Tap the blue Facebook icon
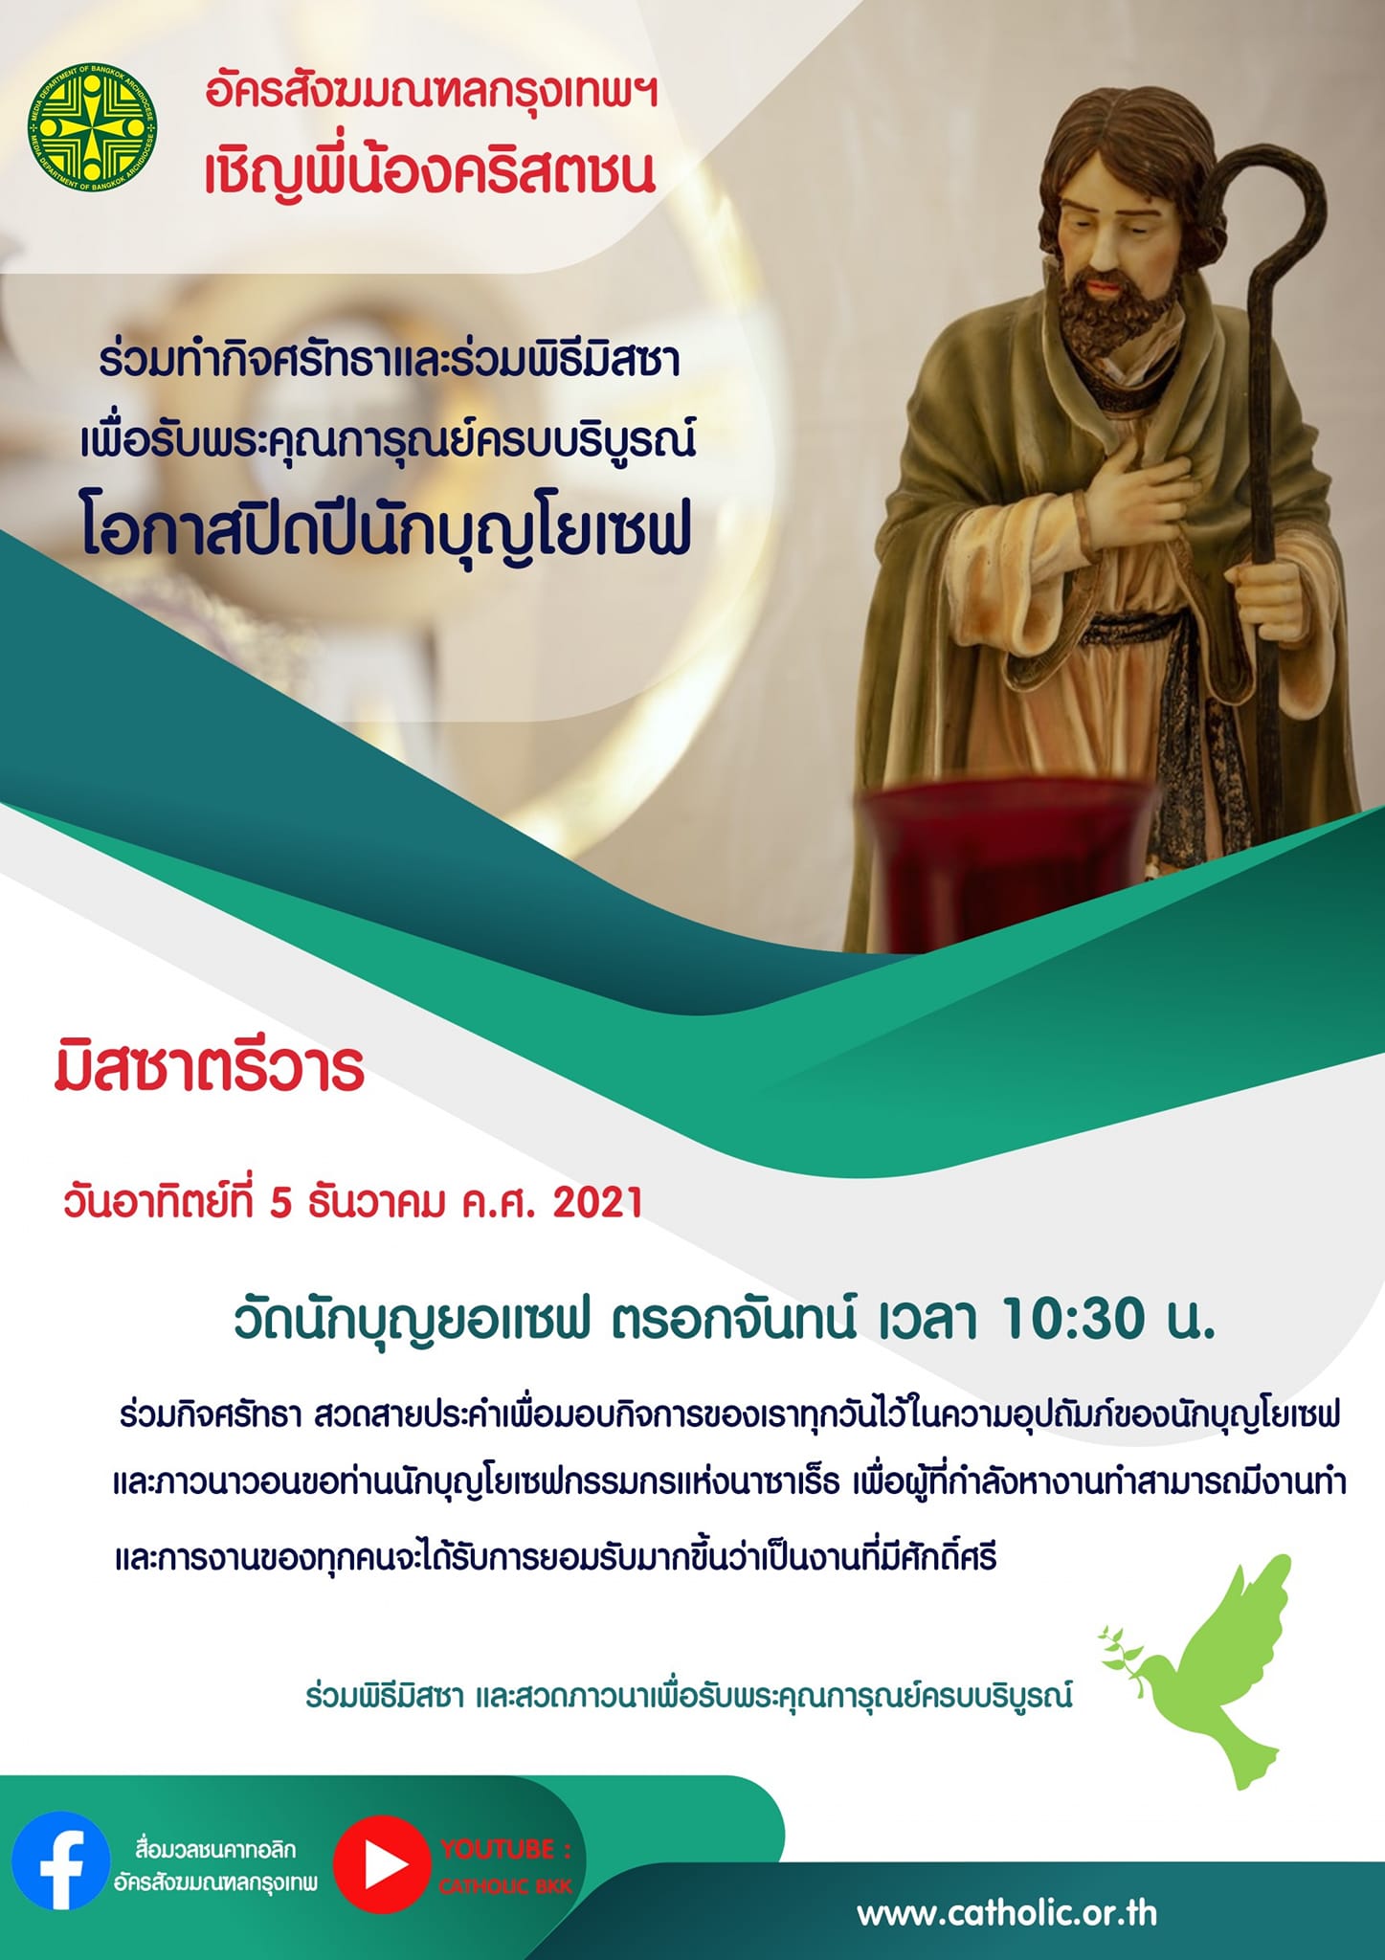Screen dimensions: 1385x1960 (x=60, y=1860)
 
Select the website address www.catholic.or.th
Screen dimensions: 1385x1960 (x=1007, y=1913)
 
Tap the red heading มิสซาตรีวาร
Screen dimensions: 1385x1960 (x=210, y=1069)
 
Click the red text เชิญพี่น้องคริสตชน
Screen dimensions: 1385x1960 (x=430, y=170)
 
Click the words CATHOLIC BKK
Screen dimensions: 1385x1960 (x=505, y=1886)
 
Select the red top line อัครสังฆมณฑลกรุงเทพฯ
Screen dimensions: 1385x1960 (x=432, y=95)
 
